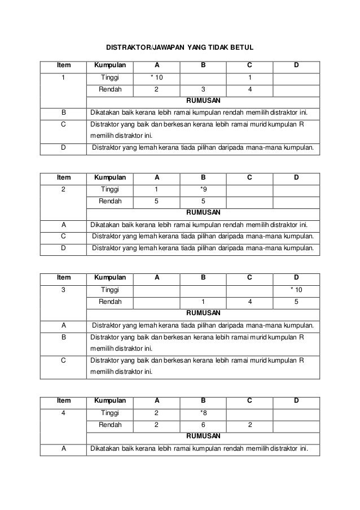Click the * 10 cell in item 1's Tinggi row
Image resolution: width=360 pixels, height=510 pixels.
coord(156,77)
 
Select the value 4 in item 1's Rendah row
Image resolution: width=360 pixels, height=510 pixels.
coord(249,89)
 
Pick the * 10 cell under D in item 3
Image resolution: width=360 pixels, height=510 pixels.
coord(296,290)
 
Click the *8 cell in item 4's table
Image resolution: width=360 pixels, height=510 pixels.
coord(203,413)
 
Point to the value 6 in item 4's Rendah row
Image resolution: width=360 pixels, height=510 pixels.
coord(203,425)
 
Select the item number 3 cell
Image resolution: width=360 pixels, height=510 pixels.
coord(63,290)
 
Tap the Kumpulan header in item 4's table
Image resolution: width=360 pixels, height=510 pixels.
coord(109,400)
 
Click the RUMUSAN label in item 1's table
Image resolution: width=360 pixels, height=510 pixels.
coord(203,101)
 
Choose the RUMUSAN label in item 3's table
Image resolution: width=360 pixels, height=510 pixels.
coord(203,312)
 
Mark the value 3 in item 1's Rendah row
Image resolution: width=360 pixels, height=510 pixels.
coord(203,89)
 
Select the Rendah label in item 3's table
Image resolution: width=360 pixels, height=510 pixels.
coord(109,302)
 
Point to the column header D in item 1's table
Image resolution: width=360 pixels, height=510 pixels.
coord(296,66)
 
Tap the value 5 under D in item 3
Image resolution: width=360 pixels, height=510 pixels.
coord(296,302)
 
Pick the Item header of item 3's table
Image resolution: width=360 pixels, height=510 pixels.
coord(63,277)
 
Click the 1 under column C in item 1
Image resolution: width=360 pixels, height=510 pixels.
coord(249,77)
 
